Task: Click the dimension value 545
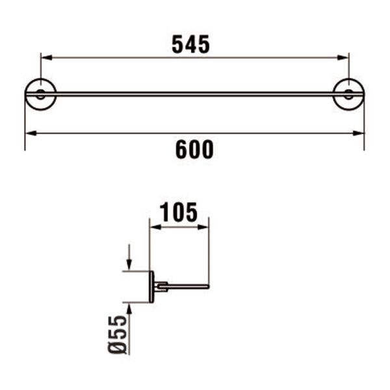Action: coord(191,44)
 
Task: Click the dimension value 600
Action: coord(194,149)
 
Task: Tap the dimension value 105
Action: coord(179,212)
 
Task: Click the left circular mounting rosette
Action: coord(40,94)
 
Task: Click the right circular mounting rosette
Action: coord(348,94)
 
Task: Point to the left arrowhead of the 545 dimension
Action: coord(45,58)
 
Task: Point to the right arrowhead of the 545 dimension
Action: coord(344,58)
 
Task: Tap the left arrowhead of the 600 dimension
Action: coord(29,133)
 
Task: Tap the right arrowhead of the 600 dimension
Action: coord(359,133)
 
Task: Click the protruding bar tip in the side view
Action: coord(207,286)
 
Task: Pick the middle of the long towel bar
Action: coord(194,94)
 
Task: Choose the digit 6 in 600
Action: coord(181,149)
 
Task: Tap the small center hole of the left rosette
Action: coord(40,94)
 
